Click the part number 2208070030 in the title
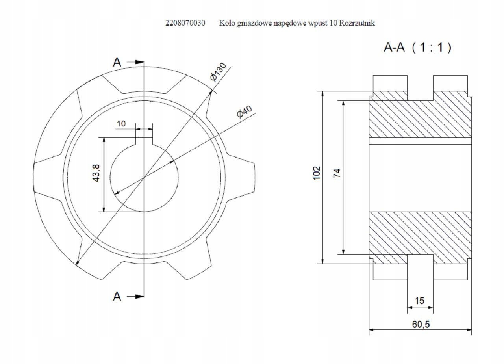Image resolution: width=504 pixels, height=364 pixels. tap(185, 23)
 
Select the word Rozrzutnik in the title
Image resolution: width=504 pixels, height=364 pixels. tap(357, 23)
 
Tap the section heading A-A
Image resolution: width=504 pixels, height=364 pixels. tap(394, 48)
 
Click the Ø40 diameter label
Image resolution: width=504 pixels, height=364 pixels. tap(245, 111)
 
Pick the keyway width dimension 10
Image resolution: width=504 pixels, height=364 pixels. tap(121, 124)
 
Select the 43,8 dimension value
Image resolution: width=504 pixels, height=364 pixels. tap(96, 173)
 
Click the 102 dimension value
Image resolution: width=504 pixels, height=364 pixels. tap(317, 173)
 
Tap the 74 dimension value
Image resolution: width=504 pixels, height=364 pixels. tap(337, 173)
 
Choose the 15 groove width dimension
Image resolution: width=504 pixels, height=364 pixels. tap(419, 301)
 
